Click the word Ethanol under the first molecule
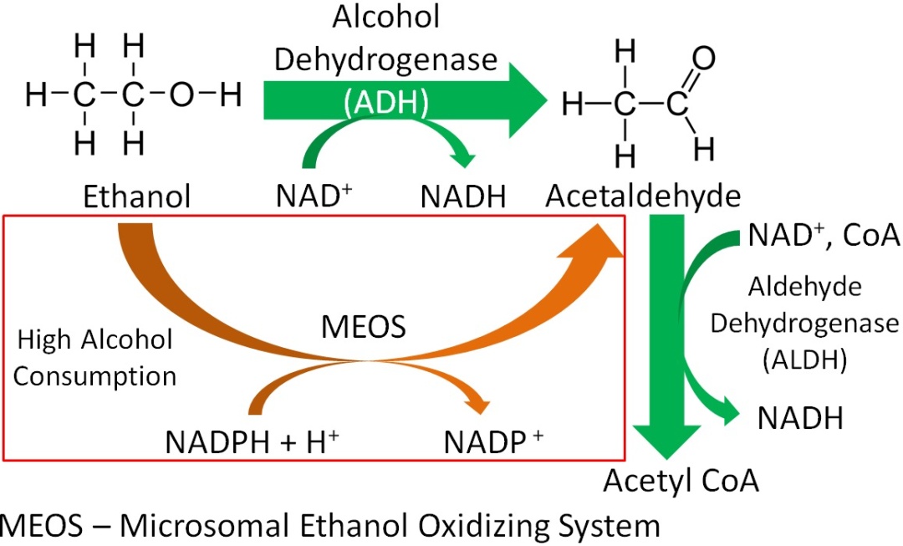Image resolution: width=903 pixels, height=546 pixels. coord(136,196)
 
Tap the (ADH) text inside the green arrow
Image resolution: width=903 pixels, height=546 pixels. coord(385,103)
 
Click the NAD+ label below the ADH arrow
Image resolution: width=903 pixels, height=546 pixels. coord(314,196)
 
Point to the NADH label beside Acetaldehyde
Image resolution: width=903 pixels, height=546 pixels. coord(463,197)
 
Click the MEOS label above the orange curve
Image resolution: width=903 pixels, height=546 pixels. coord(364,327)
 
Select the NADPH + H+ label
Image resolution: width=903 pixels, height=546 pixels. coord(252,441)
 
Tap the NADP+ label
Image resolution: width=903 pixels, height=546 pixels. coord(493,441)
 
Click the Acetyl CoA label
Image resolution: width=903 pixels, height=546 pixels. coord(681,481)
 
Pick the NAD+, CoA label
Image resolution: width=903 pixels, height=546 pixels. coord(824,235)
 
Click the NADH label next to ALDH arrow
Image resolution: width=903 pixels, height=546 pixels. coord(800,418)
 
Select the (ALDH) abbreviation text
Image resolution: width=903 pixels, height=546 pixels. coord(804,360)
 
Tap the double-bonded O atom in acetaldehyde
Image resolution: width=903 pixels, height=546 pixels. coord(703,59)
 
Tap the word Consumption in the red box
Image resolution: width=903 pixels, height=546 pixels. coord(95,376)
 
